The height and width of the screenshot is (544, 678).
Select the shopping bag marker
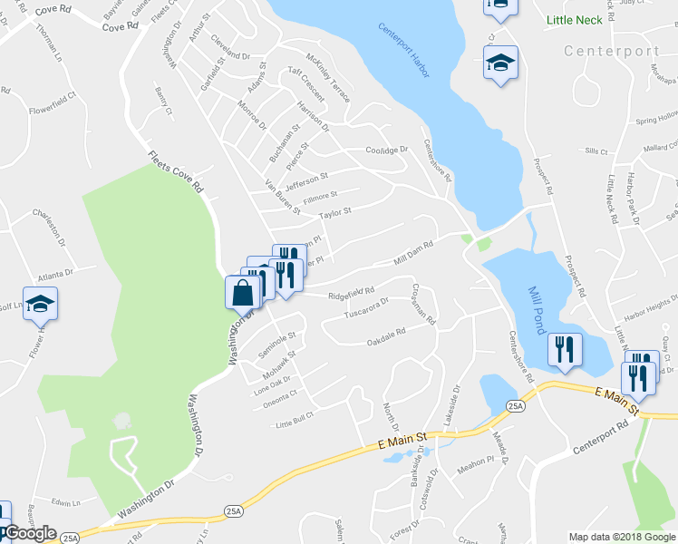coord(242,293)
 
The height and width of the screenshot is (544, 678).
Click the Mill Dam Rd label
coord(415,253)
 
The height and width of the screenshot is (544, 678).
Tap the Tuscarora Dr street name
coord(366,310)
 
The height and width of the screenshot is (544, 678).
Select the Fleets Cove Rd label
coord(175,172)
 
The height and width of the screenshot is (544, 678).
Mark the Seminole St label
coord(277,344)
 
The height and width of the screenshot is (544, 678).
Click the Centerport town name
coord(611,51)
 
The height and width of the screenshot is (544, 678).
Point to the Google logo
coord(30,533)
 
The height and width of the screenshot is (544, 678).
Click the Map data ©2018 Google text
coord(622,537)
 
